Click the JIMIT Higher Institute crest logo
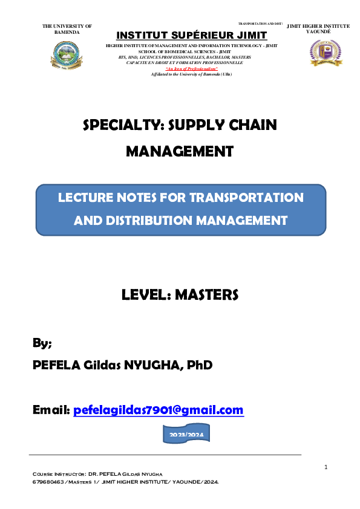point(326,53)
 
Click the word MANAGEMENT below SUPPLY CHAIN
point(179,152)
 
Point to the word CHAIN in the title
point(250,126)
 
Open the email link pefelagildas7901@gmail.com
point(159,410)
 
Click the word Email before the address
point(51,410)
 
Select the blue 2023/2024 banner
point(187,435)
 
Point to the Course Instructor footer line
point(100,475)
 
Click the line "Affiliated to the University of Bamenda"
point(191,74)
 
